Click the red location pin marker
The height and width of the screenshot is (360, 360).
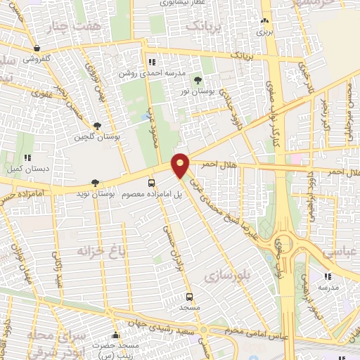(x=181, y=165)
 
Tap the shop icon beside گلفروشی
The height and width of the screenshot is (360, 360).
(x=36, y=48)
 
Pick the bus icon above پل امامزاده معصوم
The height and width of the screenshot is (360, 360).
(x=151, y=183)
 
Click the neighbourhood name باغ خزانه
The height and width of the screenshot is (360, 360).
(x=94, y=250)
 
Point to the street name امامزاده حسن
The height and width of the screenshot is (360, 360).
(x=28, y=192)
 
